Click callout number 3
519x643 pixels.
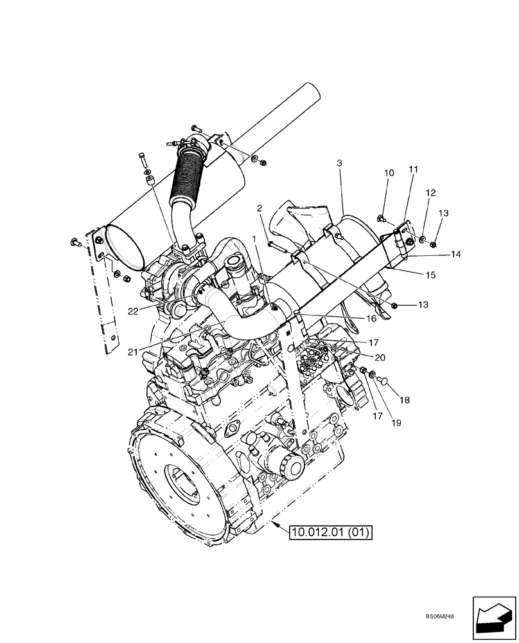click(339, 165)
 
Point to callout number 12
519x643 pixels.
click(430, 193)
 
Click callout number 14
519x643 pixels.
click(455, 255)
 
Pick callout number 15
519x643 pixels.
click(430, 275)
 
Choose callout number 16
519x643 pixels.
click(372, 318)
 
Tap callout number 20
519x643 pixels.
click(380, 358)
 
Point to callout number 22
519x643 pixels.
click(133, 311)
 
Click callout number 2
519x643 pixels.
click(259, 208)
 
